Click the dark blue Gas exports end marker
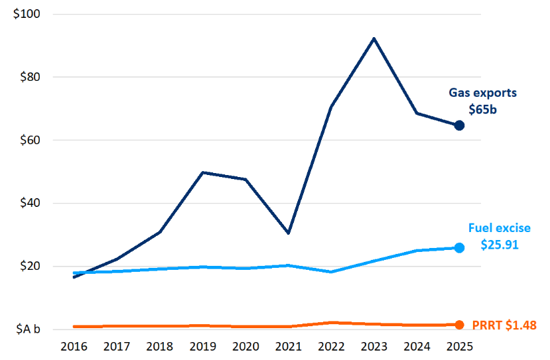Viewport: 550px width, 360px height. [458, 125]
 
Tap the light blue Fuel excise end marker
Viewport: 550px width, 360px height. [458, 247]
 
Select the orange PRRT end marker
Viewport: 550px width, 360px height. [459, 325]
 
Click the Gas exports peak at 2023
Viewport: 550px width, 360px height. [374, 38]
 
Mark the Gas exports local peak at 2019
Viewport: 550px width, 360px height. [202, 172]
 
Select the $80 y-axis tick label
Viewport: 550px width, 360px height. [29, 77]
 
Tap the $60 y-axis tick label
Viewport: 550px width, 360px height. [29, 141]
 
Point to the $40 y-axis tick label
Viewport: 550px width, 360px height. [29, 204]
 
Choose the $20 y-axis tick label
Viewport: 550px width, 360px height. [29, 267]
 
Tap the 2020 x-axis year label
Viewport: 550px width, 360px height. [245, 347]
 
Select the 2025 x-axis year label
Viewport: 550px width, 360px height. [459, 347]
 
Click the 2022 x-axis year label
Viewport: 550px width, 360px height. [330, 347]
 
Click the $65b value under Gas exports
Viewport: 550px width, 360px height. [482, 109]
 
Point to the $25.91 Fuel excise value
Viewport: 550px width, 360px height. [500, 245]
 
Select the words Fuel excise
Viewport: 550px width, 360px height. [500, 228]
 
